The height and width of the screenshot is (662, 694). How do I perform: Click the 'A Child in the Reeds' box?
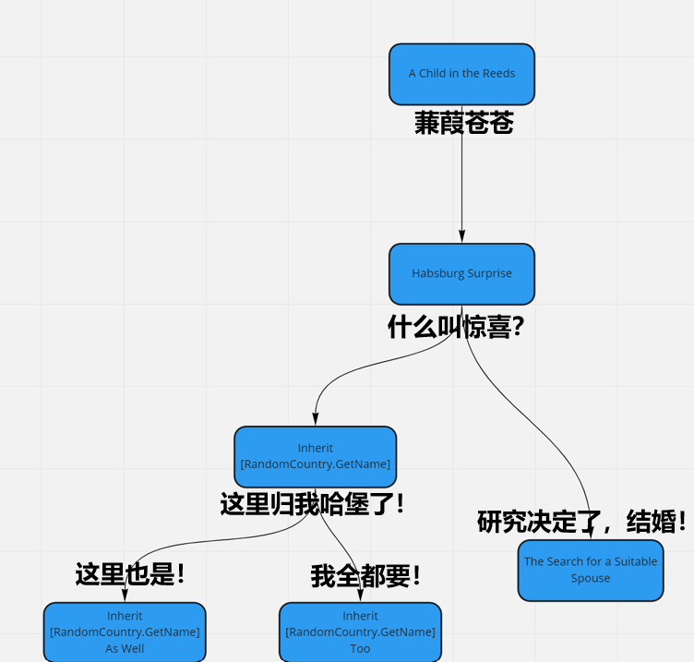click(461, 75)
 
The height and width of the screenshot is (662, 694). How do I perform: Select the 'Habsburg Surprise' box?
click(461, 274)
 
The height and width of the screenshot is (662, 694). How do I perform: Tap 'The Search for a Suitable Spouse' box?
click(591, 571)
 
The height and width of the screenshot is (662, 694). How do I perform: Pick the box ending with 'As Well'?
click(125, 632)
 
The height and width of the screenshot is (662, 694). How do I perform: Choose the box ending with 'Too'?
click(360, 632)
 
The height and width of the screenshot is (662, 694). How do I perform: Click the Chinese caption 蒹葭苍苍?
click(464, 123)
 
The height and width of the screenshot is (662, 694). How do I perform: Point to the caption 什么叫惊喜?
click(456, 327)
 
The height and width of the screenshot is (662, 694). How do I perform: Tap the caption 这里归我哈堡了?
click(312, 504)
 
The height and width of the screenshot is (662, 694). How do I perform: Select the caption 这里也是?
click(130, 574)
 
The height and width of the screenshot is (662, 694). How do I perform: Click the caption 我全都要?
click(365, 576)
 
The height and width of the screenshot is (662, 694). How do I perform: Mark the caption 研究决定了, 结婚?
click(581, 522)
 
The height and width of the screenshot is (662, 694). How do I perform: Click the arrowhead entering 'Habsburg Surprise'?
click(461, 237)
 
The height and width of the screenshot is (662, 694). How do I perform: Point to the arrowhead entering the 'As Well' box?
click(125, 596)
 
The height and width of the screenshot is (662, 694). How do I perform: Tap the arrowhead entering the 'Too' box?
click(360, 596)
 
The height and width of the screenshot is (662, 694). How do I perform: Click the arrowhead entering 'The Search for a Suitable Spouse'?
click(591, 533)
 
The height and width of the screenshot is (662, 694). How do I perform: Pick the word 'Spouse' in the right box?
click(591, 578)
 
